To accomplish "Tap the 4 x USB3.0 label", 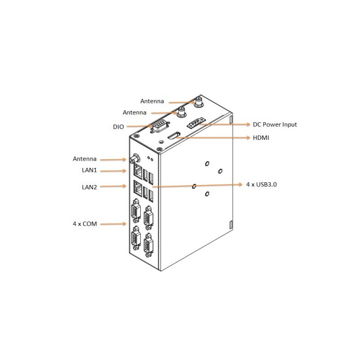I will (260, 185).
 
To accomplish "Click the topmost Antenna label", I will (153, 101).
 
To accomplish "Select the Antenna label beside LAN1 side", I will (84, 159).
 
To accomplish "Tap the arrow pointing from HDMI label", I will (212, 138).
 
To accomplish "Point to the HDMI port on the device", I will (174, 135).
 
